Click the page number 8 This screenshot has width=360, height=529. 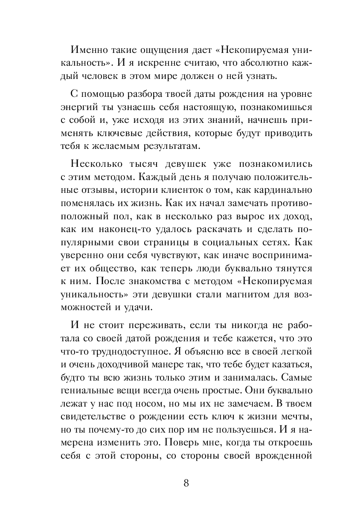(x=186, y=483)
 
